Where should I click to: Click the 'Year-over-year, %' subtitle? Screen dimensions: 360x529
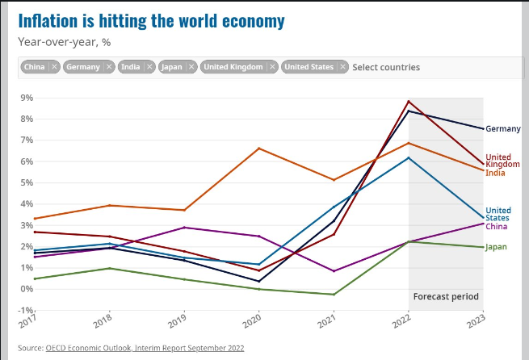coord(64,40)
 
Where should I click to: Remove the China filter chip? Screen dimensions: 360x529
coord(54,67)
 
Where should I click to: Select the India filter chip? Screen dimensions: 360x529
coord(130,67)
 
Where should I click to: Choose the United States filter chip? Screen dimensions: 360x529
coord(310,67)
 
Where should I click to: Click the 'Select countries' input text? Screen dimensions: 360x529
coord(386,67)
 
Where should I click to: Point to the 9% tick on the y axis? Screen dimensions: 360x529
coord(27,98)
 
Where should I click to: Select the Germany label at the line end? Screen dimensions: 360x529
coord(503,128)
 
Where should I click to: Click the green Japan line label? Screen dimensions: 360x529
coord(497,247)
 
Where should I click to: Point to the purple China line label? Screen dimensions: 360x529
coord(497,226)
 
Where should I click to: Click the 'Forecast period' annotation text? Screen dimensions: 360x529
coord(446,296)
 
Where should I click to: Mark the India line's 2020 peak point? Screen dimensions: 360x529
coord(259,149)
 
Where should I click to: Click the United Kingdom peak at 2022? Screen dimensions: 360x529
coord(409,102)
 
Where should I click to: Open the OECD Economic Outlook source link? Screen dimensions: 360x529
coord(145,348)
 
